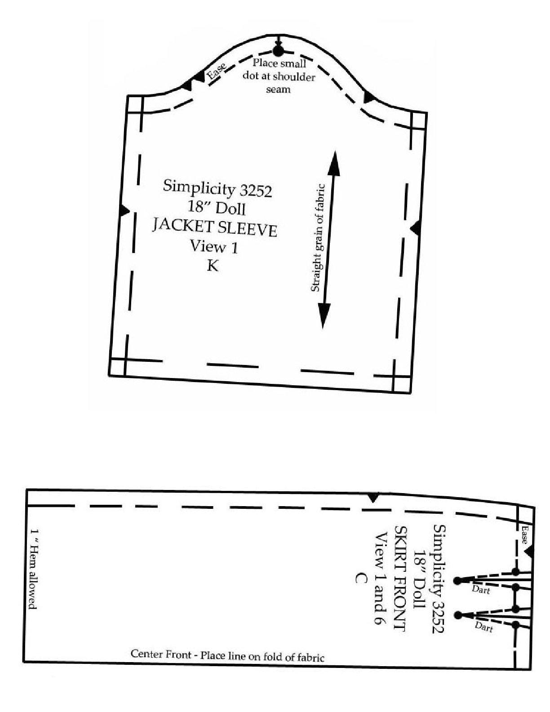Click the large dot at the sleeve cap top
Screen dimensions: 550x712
click(277, 51)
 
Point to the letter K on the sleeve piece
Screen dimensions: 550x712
click(213, 266)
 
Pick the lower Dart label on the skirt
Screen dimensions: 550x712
click(484, 627)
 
